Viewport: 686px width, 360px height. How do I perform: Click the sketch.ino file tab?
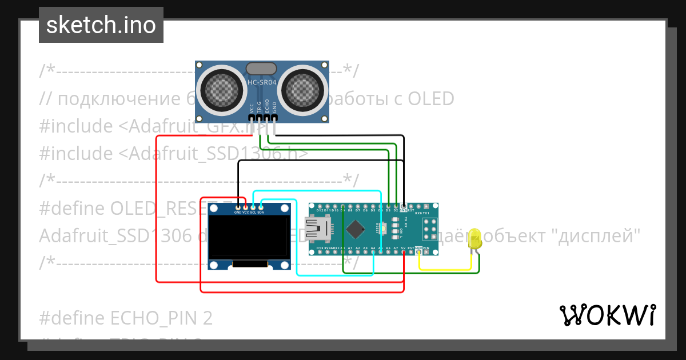pos(101,25)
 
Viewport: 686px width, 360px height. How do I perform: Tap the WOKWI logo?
pos(607,315)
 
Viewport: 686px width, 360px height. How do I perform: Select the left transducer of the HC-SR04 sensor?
pos(220,90)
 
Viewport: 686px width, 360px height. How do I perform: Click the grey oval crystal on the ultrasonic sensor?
pos(262,69)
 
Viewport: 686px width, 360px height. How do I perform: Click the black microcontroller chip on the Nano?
pos(355,230)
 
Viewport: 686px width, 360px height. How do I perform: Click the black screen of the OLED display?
pos(248,237)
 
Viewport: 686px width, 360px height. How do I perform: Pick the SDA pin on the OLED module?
pos(261,207)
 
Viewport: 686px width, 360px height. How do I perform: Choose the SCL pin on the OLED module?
pos(253,207)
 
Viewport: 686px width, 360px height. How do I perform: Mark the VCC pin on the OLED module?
pos(246,207)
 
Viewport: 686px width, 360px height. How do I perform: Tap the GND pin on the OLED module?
pos(238,207)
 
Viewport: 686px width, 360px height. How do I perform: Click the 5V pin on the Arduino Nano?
pos(404,251)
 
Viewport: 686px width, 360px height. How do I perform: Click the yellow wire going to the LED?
pos(446,269)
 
